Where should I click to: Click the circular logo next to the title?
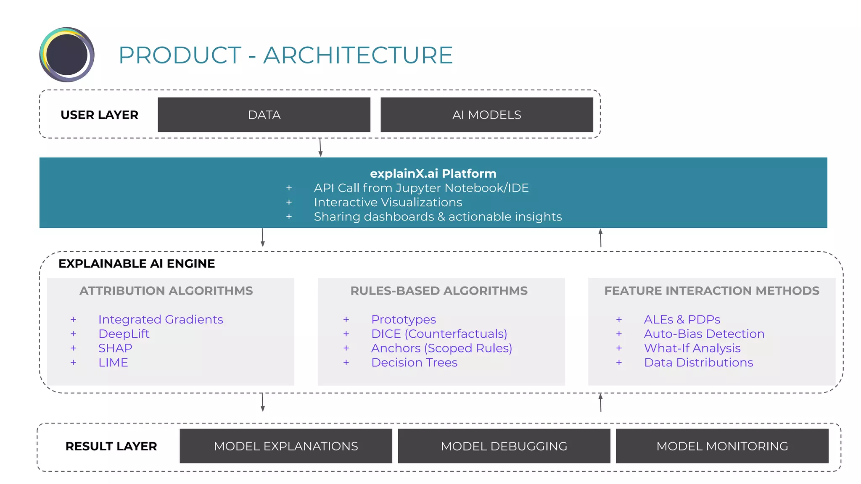coord(67,55)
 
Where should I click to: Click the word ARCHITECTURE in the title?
coord(358,55)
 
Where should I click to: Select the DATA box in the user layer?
coord(264,115)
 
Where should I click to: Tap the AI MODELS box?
coord(486,115)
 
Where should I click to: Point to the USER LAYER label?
coord(99,115)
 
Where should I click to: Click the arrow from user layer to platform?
coord(320,147)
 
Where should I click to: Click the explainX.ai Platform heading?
coord(433,174)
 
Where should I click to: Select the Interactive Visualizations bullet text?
coord(388,202)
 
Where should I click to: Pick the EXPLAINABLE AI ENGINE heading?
coord(137,263)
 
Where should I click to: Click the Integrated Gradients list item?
coord(161,319)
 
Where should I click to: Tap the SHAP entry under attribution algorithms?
coord(115,348)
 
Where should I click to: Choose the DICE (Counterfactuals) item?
coord(439,334)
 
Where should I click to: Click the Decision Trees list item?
coord(414,362)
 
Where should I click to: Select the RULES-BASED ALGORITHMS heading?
coord(439,291)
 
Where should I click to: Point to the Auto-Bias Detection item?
coord(704,334)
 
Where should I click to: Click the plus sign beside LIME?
coord(74,362)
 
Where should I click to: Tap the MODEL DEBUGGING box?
coord(504,446)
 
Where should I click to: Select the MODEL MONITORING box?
coord(722,446)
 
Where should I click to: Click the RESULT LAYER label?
coord(111,446)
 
